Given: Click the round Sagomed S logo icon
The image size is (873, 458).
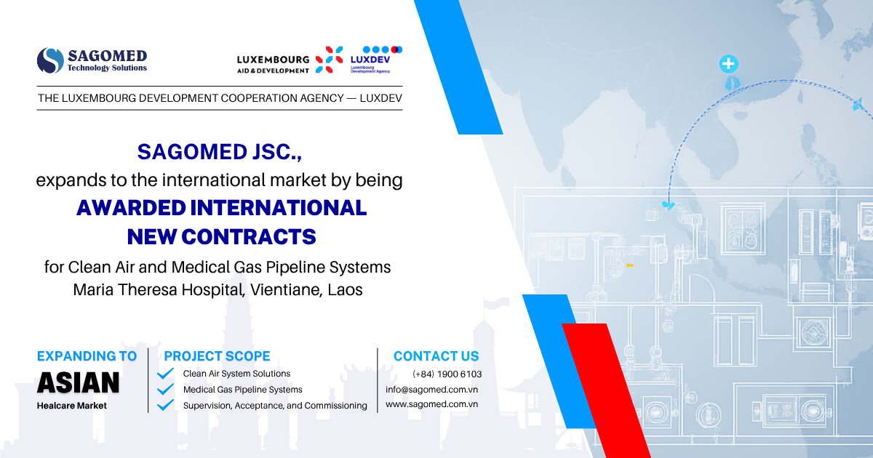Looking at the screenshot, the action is point(50,60).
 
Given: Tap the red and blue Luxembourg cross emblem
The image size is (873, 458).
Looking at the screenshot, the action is point(330,59).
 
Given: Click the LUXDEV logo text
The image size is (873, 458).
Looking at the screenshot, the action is point(370,60).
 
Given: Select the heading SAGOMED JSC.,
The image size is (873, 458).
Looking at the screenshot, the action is point(220,152).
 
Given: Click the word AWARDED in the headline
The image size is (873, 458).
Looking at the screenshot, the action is point(131,208).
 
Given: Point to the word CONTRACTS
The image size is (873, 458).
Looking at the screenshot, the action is point(249,237).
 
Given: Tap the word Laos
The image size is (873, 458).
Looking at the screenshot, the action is point(345,290).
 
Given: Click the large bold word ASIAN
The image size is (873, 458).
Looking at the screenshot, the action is point(79,382).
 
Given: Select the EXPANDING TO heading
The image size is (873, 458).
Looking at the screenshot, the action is point(87,356).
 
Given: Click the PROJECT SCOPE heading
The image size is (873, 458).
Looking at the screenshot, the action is point(217,356).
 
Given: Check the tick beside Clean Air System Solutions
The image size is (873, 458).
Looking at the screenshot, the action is point(165,374).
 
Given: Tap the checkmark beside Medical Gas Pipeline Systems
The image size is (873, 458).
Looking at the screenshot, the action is point(165,390).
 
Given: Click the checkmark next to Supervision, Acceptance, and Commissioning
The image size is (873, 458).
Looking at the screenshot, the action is point(165,405).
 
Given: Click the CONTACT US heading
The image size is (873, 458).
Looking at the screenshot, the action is point(436,356).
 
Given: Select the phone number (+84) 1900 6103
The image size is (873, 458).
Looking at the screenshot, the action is point(447,374).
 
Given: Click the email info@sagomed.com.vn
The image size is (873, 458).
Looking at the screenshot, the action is point(432,390).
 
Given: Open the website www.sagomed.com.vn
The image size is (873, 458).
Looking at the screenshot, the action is point(432,404).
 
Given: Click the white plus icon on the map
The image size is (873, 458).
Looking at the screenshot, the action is point(728,63).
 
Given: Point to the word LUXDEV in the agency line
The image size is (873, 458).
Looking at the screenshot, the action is point(380,98).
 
